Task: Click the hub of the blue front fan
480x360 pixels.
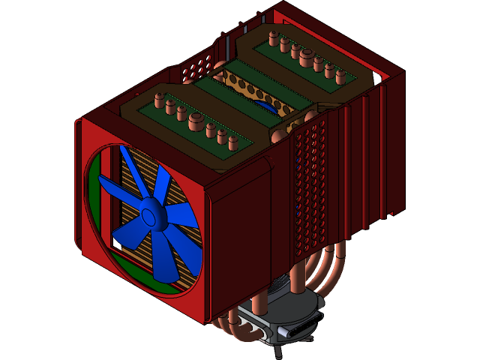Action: point(150,217)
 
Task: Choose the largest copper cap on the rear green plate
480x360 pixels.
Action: point(306,54)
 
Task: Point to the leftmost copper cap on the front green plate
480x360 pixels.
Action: point(158,97)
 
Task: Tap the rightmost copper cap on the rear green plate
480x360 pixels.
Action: point(339,75)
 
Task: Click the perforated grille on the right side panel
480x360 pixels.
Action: point(309,187)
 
